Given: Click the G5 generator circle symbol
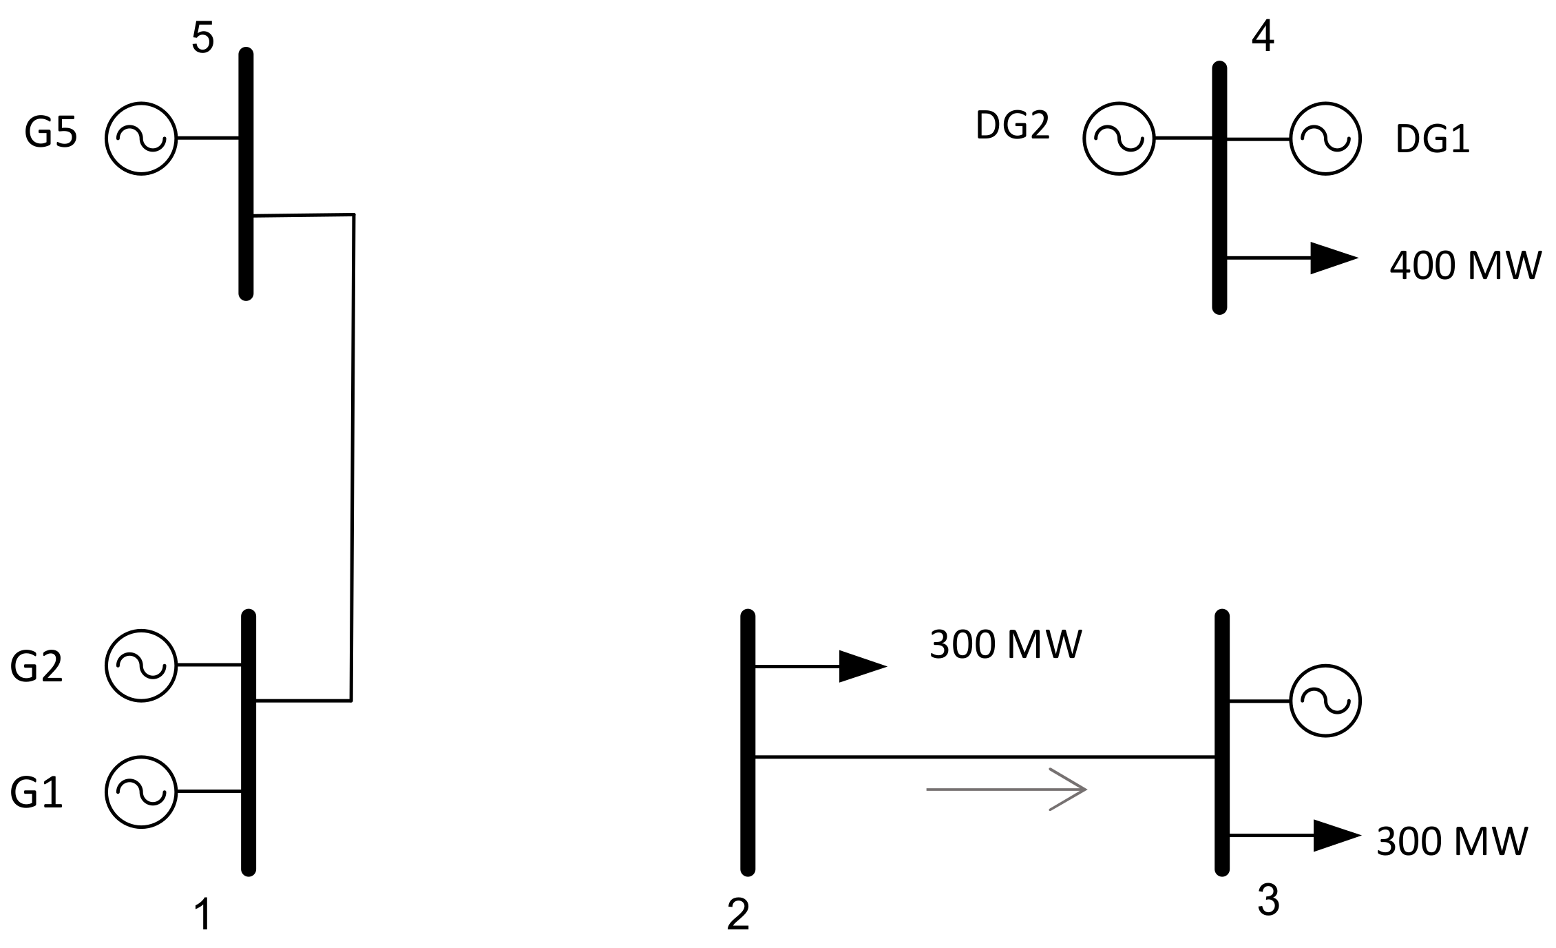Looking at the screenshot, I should click(141, 138).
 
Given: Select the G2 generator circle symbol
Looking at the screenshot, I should click(141, 666).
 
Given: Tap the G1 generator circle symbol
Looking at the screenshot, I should click(141, 792).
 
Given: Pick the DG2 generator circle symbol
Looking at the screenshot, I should click(1119, 138).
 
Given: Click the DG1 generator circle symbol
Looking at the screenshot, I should click(1325, 138).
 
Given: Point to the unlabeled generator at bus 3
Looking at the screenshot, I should click(1325, 701).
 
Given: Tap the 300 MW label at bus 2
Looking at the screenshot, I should click(1005, 645).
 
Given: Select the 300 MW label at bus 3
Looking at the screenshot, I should click(1451, 841).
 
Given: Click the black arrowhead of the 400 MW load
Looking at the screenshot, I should click(1332, 258).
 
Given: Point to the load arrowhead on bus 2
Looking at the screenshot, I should click(861, 666).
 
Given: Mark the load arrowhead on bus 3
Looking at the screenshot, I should click(1335, 836).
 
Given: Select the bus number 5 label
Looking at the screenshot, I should click(202, 38).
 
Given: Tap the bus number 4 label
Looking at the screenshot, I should click(1262, 37).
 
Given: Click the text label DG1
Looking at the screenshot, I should click(1432, 140).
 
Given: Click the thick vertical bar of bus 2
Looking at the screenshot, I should click(748, 743).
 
